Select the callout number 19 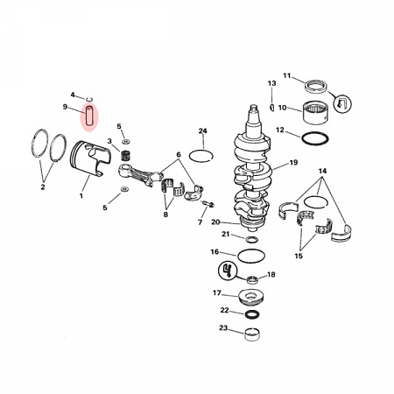293,162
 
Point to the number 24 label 202,130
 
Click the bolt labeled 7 208,203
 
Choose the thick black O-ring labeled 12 315,138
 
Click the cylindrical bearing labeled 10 315,113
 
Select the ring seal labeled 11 316,88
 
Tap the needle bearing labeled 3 125,155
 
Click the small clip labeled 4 90,99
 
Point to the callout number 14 322,171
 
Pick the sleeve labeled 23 252,334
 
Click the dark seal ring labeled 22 251,314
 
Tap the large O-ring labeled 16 251,256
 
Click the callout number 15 299,256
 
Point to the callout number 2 43,187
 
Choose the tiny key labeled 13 272,107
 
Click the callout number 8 165,215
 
